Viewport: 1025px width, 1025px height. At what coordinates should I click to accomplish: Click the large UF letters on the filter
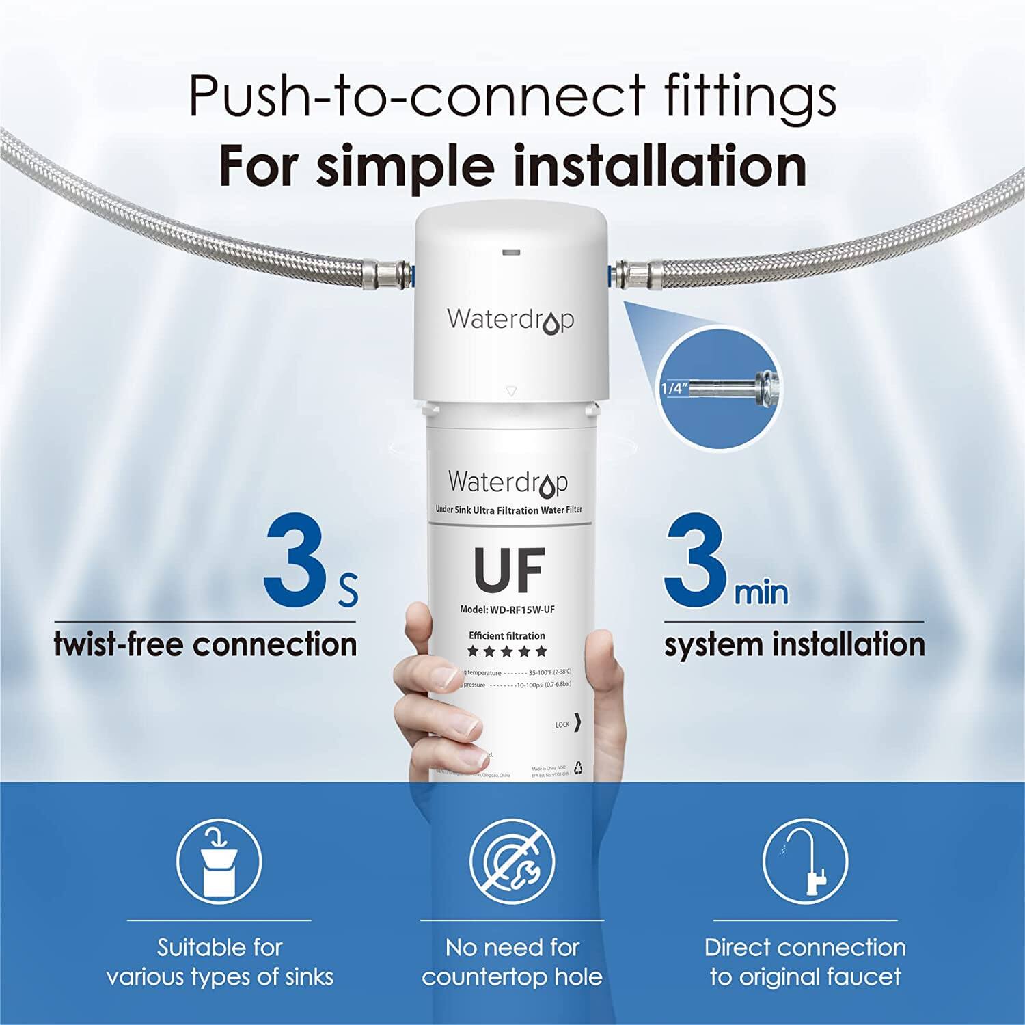coord(509,569)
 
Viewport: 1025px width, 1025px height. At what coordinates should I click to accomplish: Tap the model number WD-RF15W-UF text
coord(502,610)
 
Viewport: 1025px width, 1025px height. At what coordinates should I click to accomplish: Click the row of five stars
coord(507,651)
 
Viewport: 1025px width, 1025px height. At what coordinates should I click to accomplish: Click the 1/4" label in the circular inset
coord(672,388)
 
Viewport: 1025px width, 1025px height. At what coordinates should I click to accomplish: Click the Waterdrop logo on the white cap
coord(510,320)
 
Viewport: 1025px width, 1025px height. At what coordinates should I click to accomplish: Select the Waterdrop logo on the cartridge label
coord(508,482)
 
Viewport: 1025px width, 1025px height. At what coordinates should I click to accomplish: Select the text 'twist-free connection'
coord(206,644)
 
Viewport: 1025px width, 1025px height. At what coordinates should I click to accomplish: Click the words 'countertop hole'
coord(512,976)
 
